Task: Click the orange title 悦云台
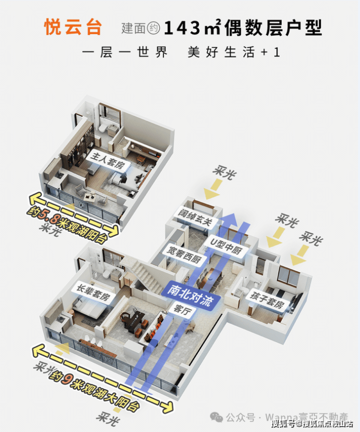pyautogui.click(x=73, y=27)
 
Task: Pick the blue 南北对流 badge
pyautogui.click(x=191, y=290)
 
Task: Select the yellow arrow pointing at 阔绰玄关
pyautogui.click(x=213, y=192)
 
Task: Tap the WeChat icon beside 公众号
pyautogui.click(x=217, y=417)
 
